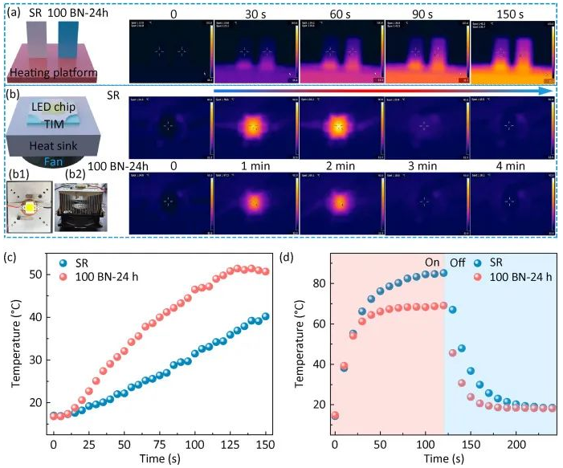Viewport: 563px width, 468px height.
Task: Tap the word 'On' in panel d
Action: pos(432,262)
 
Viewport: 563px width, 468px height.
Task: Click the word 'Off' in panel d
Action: pos(458,262)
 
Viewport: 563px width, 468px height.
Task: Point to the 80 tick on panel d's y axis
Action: pos(319,283)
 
